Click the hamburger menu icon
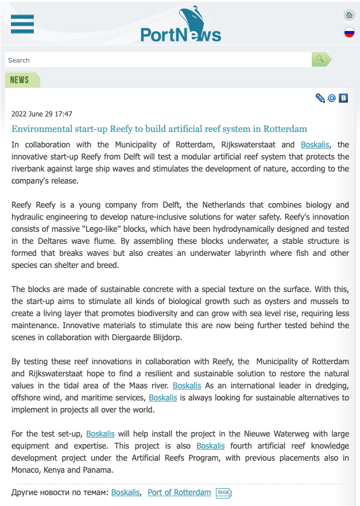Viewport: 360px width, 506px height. click(22, 24)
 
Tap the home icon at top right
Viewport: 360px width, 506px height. click(349, 15)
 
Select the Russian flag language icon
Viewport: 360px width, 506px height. click(349, 33)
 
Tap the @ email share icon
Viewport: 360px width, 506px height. click(332, 98)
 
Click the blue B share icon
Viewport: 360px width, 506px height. click(343, 98)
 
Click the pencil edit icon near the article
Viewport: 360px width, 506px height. click(320, 98)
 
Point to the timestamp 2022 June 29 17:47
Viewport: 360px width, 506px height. click(42, 114)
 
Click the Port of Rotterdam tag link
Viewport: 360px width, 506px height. click(179, 492)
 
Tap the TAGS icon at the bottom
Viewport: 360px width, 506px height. click(223, 493)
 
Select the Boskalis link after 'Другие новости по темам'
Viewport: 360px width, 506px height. click(125, 492)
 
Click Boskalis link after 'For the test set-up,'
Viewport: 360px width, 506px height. click(100, 434)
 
